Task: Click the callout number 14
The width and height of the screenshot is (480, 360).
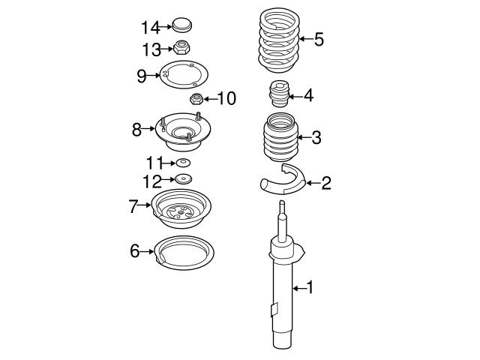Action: pos(150,28)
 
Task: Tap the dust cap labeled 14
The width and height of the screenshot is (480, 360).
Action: pos(181,25)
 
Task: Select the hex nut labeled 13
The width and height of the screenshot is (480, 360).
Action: pos(181,50)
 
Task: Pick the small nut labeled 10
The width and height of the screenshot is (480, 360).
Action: pos(194,98)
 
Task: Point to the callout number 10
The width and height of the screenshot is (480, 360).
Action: pos(226,98)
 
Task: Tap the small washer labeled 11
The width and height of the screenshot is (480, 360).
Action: pos(183,163)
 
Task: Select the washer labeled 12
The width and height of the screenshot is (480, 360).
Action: pos(182,179)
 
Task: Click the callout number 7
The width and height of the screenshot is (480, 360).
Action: pos(133,206)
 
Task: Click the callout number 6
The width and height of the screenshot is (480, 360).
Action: pos(135,251)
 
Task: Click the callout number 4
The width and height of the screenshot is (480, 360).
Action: pos(307,96)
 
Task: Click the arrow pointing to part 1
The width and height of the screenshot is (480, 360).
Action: pos(299,288)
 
